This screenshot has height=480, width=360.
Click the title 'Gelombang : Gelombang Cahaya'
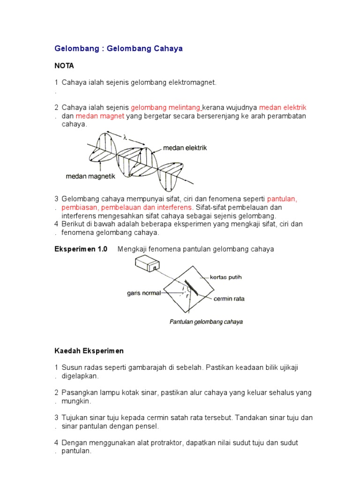(119, 49)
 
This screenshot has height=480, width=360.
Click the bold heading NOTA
(65, 66)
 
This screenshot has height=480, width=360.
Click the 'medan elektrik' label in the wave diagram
(185, 148)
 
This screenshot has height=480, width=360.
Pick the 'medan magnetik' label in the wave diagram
(90, 176)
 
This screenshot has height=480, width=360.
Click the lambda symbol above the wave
(125, 138)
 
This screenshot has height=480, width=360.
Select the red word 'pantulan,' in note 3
(282, 199)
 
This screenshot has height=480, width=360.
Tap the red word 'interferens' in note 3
(174, 207)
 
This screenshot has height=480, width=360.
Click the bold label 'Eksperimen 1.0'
(81, 249)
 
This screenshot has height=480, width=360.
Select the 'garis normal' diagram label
(143, 293)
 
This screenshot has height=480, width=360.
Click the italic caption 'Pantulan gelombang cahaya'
(206, 322)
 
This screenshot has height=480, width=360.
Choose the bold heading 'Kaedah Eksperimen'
(89, 351)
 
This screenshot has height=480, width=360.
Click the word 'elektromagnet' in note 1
(193, 82)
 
